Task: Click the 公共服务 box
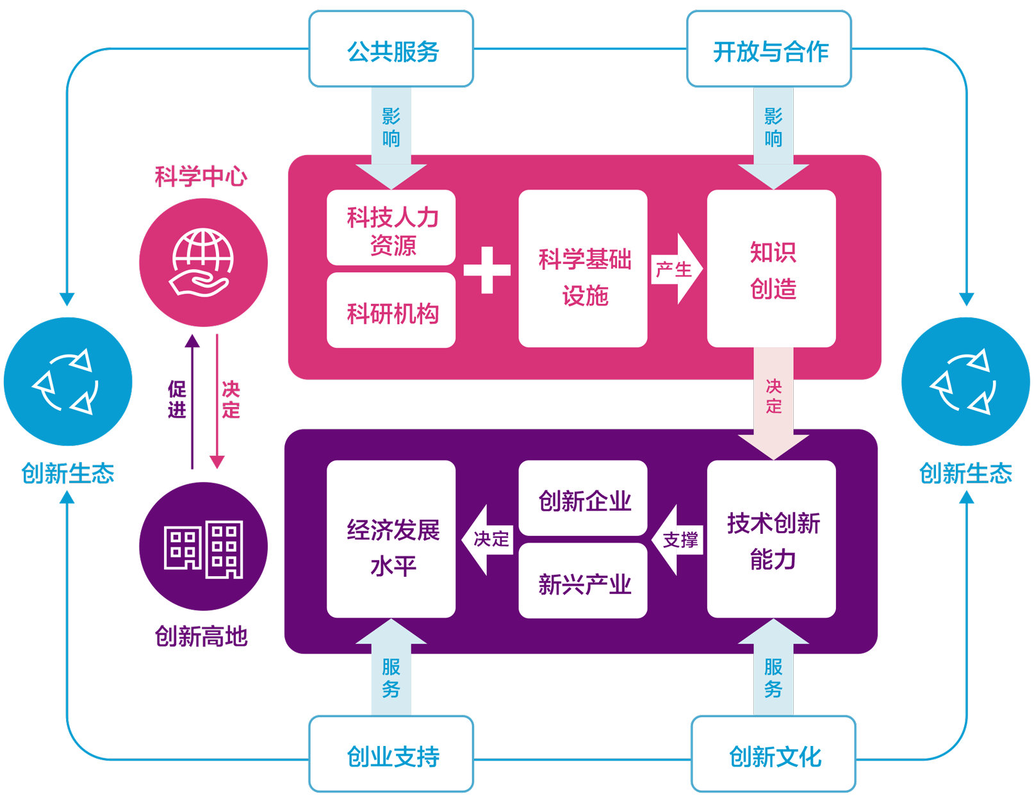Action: point(391,49)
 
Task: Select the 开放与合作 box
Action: point(769,49)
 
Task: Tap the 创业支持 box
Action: point(391,754)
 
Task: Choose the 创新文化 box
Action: point(773,754)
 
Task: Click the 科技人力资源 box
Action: point(391,228)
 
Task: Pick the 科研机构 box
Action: point(391,310)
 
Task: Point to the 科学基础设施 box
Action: point(583,269)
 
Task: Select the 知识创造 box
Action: point(771,269)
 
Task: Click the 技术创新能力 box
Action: point(771,540)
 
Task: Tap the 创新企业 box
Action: point(583,498)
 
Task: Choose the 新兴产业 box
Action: point(583,581)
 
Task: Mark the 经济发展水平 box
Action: point(391,540)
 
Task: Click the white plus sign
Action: point(487,270)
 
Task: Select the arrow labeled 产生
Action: point(677,269)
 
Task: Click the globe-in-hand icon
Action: point(202,262)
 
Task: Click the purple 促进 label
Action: point(177,399)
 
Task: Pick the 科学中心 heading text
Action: point(201,177)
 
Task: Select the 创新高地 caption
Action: point(201,636)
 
